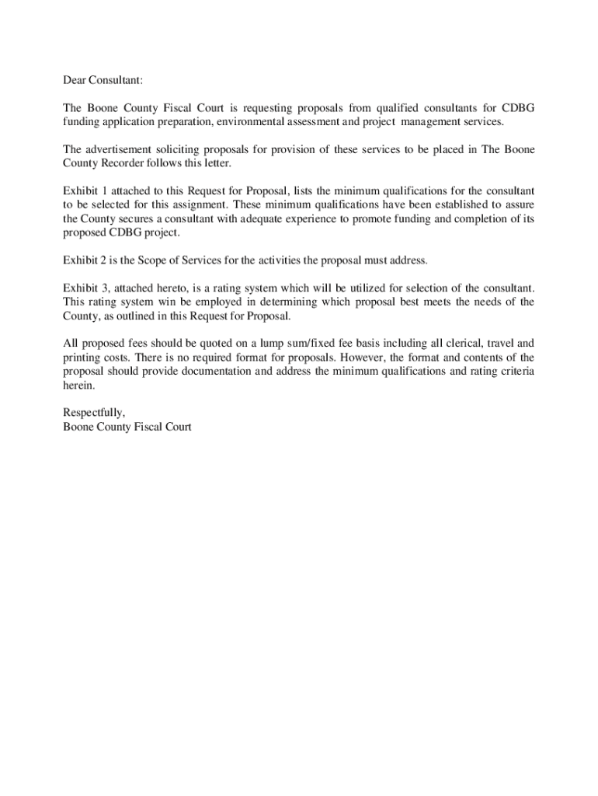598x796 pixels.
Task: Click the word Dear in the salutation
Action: tap(75, 79)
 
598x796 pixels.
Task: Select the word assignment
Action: tap(200, 205)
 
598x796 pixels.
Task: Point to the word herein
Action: tap(78, 386)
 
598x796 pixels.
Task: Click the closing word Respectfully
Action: tap(94, 414)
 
